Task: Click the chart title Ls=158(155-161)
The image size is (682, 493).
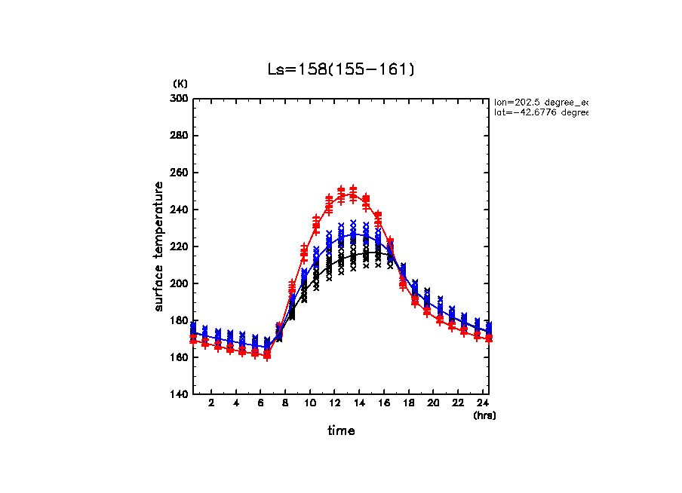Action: click(x=341, y=69)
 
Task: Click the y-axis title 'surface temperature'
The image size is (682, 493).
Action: click(x=159, y=246)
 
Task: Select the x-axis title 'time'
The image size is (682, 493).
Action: click(x=341, y=431)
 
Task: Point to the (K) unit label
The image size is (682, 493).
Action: click(x=180, y=83)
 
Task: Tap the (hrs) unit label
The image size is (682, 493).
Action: click(x=484, y=415)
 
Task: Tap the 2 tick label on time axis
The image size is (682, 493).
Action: click(x=212, y=404)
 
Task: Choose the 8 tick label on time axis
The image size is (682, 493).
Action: click(x=285, y=404)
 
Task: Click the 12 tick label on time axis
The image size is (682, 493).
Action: click(x=334, y=404)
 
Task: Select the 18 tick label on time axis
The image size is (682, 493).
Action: click(x=408, y=404)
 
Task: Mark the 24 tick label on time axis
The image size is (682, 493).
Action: click(x=482, y=404)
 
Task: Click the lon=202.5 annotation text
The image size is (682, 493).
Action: click(x=540, y=101)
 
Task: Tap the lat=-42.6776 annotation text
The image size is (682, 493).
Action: click(x=540, y=112)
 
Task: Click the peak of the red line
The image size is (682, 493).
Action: click(x=353, y=194)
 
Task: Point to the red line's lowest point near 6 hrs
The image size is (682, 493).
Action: click(x=267, y=355)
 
